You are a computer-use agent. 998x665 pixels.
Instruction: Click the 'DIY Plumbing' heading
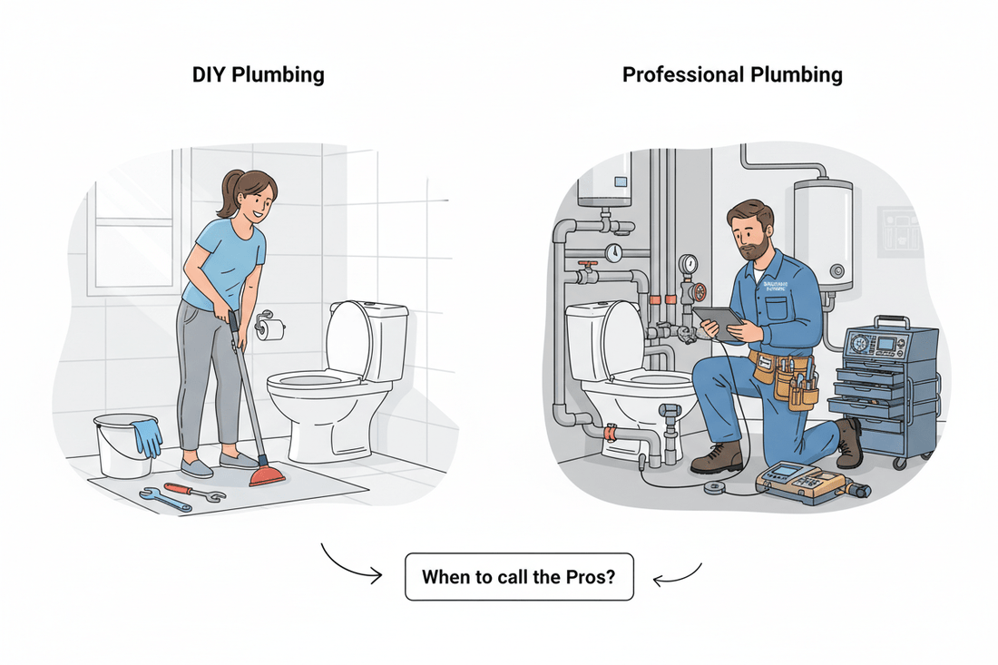(258, 74)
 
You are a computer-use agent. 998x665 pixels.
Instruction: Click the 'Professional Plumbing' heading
(732, 74)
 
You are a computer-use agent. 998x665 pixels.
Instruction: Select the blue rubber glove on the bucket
(146, 435)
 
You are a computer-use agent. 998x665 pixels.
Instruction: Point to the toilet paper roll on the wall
(270, 329)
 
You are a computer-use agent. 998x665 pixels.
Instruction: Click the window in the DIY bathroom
(131, 232)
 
